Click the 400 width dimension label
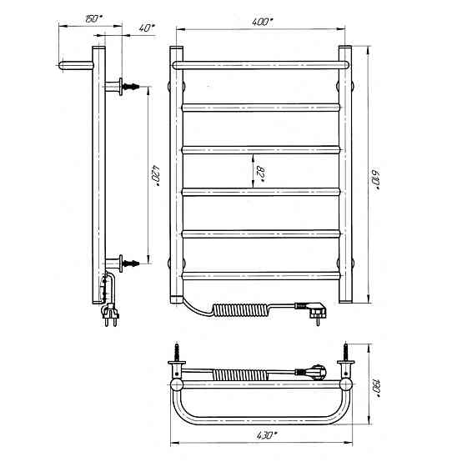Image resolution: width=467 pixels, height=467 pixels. click(x=262, y=23)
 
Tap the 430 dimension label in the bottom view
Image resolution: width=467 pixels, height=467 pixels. click(x=267, y=435)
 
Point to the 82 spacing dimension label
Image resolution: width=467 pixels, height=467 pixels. click(x=260, y=173)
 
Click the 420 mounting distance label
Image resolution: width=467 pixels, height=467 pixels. click(x=155, y=175)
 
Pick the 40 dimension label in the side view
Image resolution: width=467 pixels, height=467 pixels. click(x=147, y=28)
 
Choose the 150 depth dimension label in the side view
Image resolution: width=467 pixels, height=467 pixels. click(x=93, y=18)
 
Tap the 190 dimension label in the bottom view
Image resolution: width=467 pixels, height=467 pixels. click(x=376, y=388)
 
